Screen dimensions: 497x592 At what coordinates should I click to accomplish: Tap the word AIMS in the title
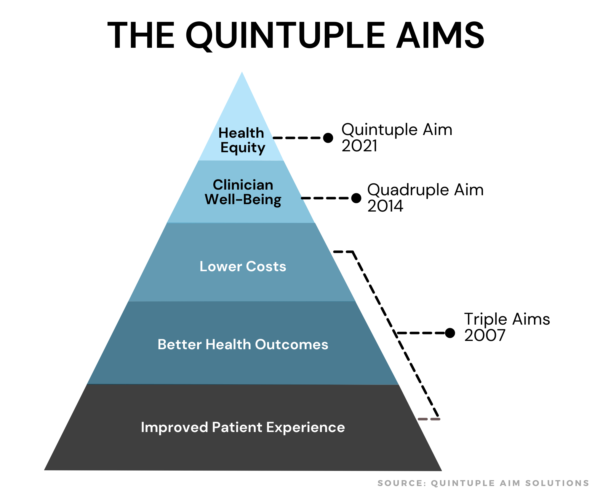(x=440, y=36)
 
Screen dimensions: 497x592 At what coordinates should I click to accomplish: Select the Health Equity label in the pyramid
(x=242, y=140)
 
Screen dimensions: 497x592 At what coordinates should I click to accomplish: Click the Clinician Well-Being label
(x=243, y=192)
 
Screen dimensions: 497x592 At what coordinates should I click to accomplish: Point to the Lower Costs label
(x=243, y=266)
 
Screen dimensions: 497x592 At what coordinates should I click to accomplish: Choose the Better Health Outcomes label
(x=243, y=344)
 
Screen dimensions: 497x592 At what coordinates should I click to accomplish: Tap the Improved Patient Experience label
(x=243, y=427)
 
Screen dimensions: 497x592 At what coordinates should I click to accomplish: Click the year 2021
(x=359, y=146)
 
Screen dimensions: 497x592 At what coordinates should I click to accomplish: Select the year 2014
(x=385, y=206)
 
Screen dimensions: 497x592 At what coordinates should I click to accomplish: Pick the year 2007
(x=485, y=335)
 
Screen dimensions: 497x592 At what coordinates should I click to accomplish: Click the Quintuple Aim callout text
(x=397, y=130)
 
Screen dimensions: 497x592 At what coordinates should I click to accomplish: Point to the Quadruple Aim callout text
(x=425, y=190)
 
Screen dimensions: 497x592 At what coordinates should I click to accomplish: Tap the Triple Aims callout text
(x=507, y=319)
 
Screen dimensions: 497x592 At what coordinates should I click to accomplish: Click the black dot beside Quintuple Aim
(x=328, y=138)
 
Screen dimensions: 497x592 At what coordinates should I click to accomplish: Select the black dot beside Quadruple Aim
(x=356, y=198)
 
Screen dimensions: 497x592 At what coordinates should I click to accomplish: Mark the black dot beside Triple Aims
(x=450, y=333)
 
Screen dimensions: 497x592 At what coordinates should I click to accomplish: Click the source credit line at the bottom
(x=483, y=483)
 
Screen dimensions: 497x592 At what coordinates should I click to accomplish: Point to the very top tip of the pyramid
(x=242, y=73)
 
